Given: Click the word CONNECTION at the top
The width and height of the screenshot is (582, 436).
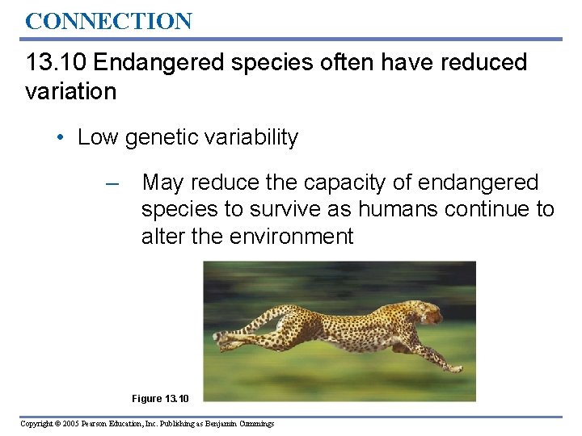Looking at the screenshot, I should pyautogui.click(x=108, y=21).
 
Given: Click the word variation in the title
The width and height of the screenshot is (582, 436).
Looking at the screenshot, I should pyautogui.click(x=71, y=91).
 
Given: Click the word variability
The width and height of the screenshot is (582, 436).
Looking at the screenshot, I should pyautogui.click(x=251, y=138).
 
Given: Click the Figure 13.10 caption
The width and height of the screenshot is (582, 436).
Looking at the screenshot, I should pyautogui.click(x=160, y=398).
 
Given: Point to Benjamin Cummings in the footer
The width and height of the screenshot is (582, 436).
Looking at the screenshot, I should pyautogui.click(x=242, y=424).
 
